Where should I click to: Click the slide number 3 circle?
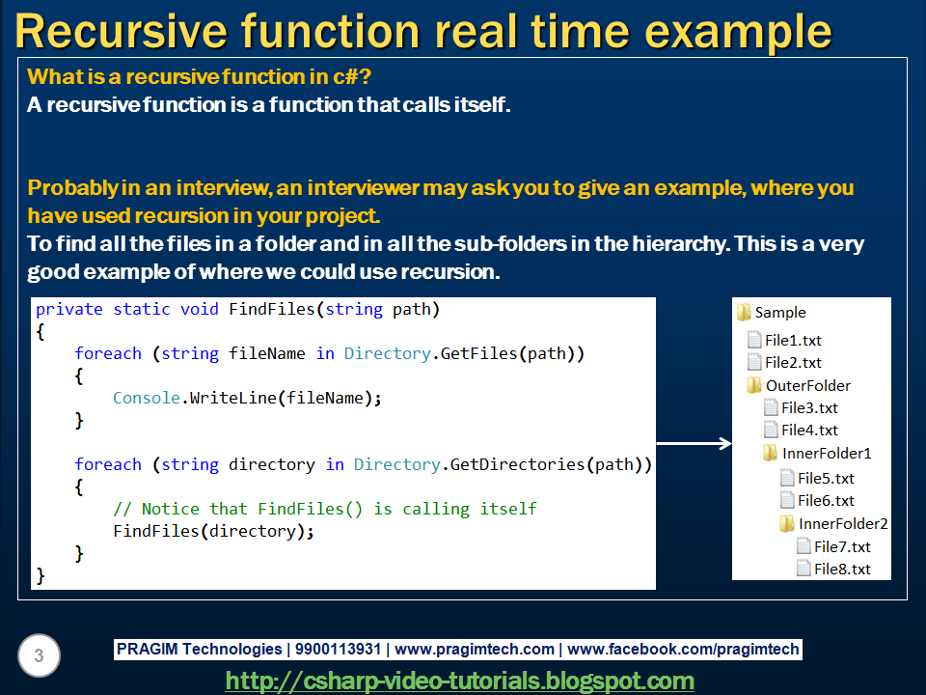click(x=39, y=656)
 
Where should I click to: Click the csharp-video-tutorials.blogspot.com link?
click(x=459, y=681)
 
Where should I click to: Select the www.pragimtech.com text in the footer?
click(x=475, y=650)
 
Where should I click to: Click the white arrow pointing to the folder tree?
click(x=694, y=444)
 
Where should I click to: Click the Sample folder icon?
click(x=744, y=312)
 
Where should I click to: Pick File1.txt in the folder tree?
click(x=792, y=340)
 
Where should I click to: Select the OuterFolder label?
click(x=807, y=385)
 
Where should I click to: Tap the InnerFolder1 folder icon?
click(x=770, y=453)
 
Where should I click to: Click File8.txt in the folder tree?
click(x=841, y=569)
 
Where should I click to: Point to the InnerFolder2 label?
click(x=842, y=523)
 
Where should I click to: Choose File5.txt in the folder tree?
click(x=825, y=478)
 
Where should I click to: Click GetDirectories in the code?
click(x=517, y=464)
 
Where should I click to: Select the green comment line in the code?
click(x=324, y=509)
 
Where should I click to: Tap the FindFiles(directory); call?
click(x=214, y=531)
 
